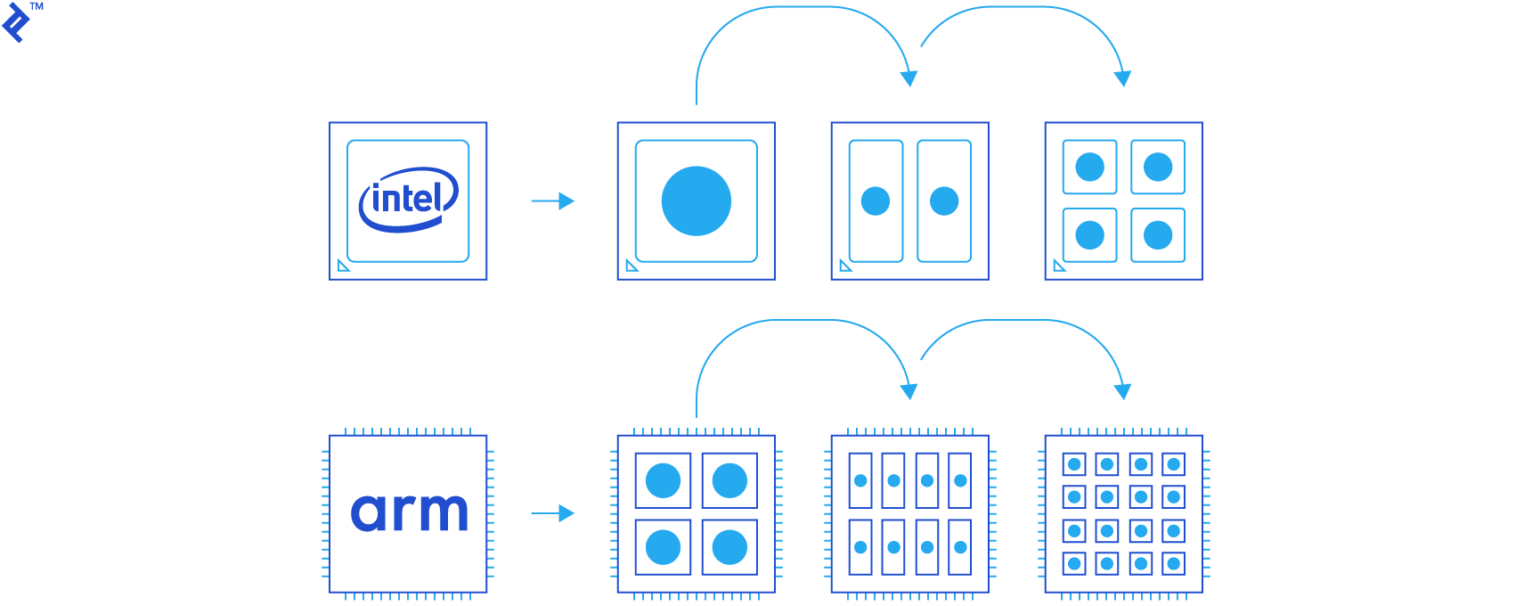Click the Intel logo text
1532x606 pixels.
click(408, 199)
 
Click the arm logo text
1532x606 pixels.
click(409, 513)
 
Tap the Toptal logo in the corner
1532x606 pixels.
click(15, 22)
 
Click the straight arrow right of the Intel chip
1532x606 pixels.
click(553, 201)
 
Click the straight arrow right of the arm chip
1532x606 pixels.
click(553, 513)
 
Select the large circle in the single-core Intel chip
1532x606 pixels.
click(697, 201)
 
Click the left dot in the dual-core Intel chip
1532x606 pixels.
click(876, 201)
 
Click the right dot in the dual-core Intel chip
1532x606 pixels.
click(944, 201)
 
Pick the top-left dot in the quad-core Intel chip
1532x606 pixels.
click(1089, 167)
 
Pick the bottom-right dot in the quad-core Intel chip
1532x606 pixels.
click(1158, 235)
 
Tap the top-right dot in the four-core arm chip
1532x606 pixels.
click(729, 480)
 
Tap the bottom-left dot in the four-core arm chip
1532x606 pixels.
click(663, 547)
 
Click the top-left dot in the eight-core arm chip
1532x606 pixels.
click(860, 480)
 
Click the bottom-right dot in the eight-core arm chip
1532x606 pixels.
click(960, 547)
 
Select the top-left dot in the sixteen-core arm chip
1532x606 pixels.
click(1074, 464)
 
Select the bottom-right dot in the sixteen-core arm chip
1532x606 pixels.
click(1174, 563)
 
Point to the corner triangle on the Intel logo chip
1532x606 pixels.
click(343, 266)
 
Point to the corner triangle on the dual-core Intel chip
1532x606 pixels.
click(845, 266)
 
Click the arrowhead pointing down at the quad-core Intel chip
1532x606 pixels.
click(1123, 78)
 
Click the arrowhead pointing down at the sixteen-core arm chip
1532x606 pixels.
click(1123, 391)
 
